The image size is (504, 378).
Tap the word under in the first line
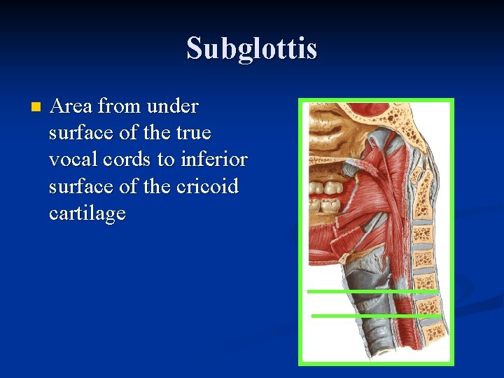point(174,106)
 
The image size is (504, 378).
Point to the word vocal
point(71,160)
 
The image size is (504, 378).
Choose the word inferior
point(213,160)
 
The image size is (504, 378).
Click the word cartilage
point(87,213)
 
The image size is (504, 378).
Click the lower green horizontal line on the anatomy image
point(376,316)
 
